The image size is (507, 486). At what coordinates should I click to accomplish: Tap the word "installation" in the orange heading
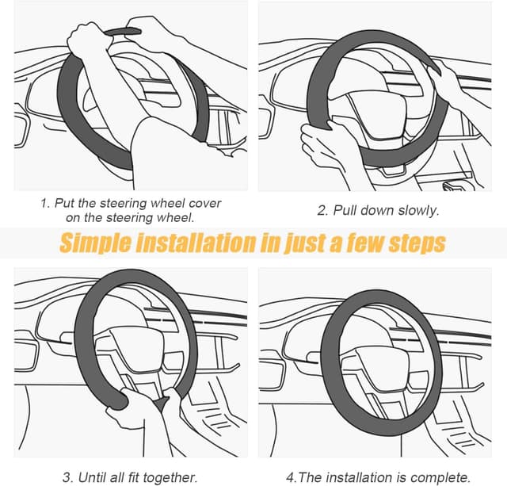tap(198, 243)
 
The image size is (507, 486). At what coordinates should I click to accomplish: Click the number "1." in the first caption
tap(45, 203)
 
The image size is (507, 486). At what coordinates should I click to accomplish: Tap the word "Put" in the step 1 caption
tap(67, 203)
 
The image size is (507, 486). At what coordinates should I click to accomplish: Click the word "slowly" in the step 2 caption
tap(416, 210)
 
